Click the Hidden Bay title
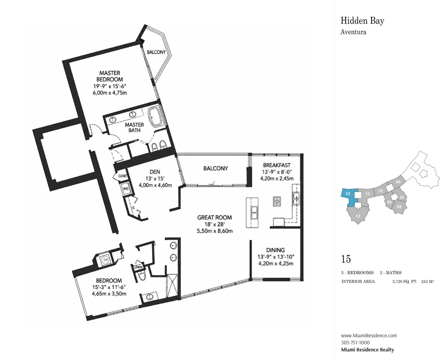click(362, 21)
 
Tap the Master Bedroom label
click(110, 76)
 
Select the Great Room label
click(214, 217)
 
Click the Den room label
click(155, 172)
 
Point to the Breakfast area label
click(277, 165)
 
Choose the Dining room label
click(275, 250)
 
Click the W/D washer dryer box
click(126, 188)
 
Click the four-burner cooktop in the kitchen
click(277, 202)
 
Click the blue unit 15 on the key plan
click(349, 197)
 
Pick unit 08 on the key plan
click(399, 207)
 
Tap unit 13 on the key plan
click(358, 215)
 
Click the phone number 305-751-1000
click(355, 343)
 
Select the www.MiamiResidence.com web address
click(369, 336)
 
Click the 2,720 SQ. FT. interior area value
click(405, 282)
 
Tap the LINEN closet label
click(138, 267)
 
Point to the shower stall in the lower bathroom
click(172, 286)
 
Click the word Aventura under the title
click(353, 32)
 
